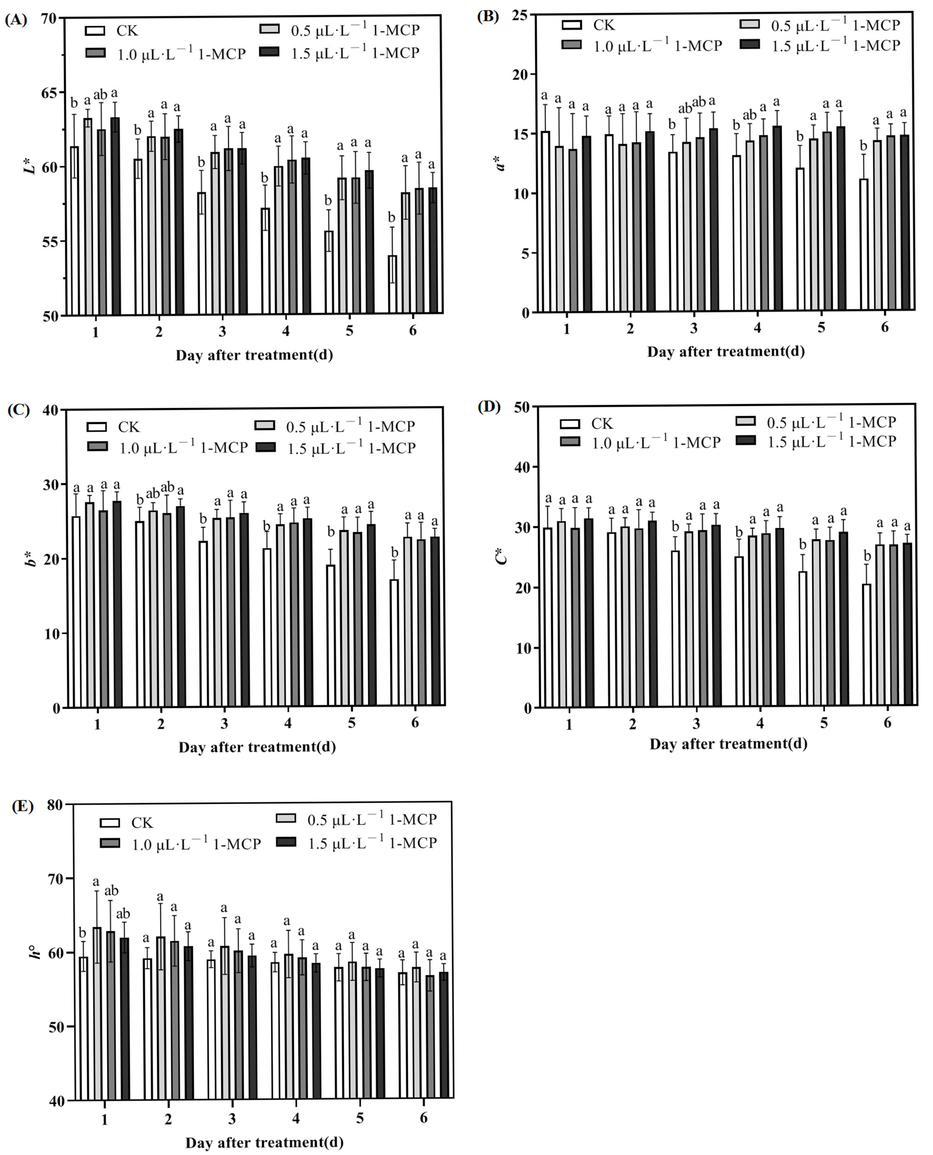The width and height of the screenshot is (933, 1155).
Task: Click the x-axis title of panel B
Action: pos(726,351)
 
